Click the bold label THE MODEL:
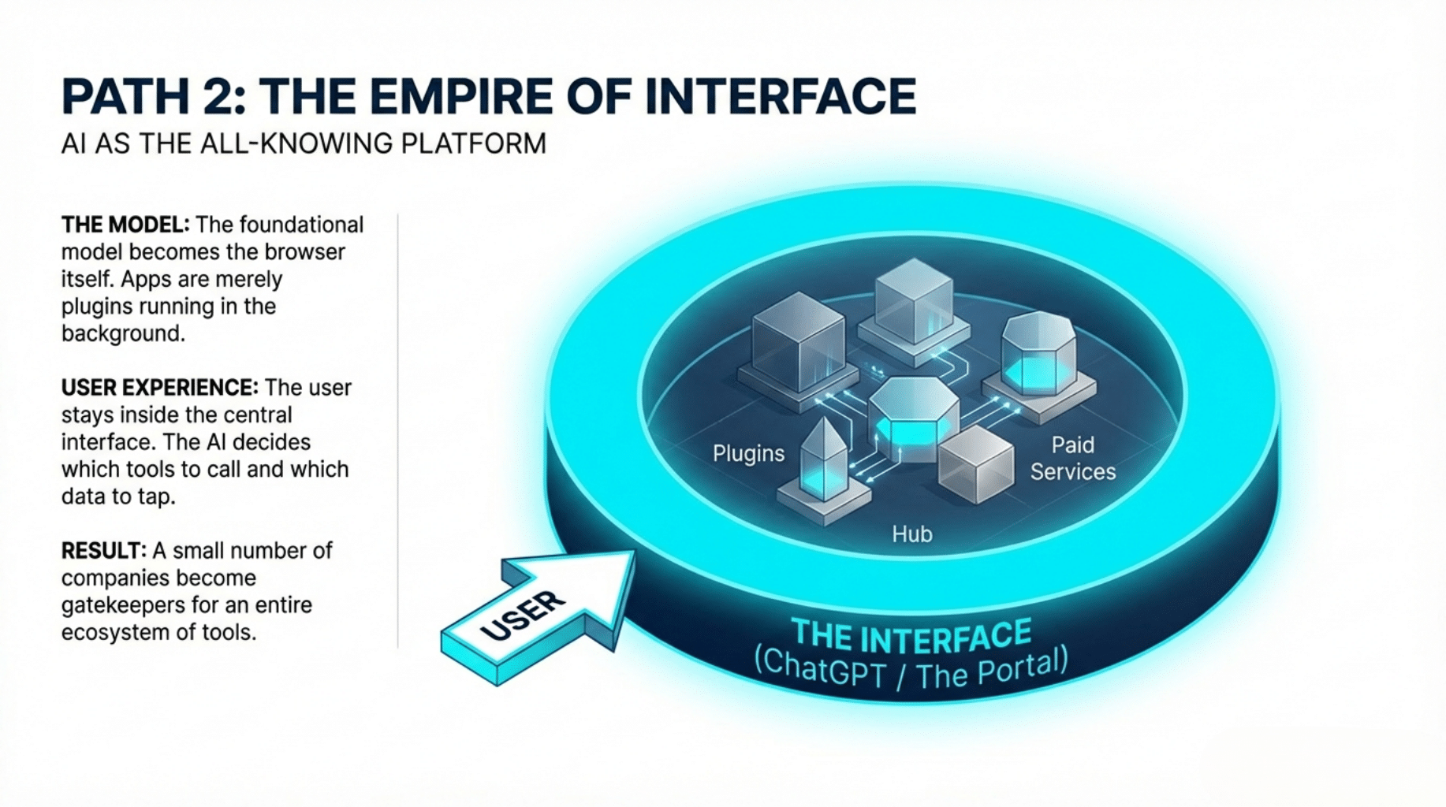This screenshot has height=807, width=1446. pos(125,225)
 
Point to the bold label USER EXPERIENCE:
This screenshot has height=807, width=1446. pos(159,388)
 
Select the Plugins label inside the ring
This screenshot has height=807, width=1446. pos(748,454)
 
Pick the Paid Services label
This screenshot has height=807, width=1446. pos(1072,458)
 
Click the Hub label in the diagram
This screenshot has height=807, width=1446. pos(911,534)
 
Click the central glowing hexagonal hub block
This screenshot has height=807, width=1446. pos(913,418)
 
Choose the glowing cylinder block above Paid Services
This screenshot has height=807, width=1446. pos(1038,355)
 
